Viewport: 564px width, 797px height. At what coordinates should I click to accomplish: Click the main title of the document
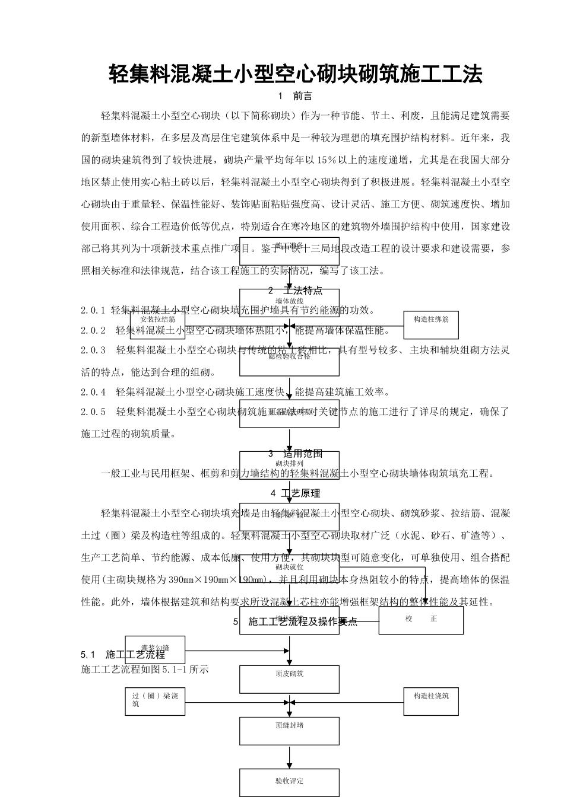(295, 74)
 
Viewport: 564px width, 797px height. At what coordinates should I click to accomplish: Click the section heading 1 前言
(295, 96)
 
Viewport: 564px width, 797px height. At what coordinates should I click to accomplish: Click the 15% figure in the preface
(328, 159)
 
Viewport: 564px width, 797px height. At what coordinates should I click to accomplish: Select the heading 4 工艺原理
(295, 493)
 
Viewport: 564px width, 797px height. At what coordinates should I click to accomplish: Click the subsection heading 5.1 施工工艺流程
(123, 655)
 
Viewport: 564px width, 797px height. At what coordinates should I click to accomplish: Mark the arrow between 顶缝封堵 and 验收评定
(290, 757)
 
